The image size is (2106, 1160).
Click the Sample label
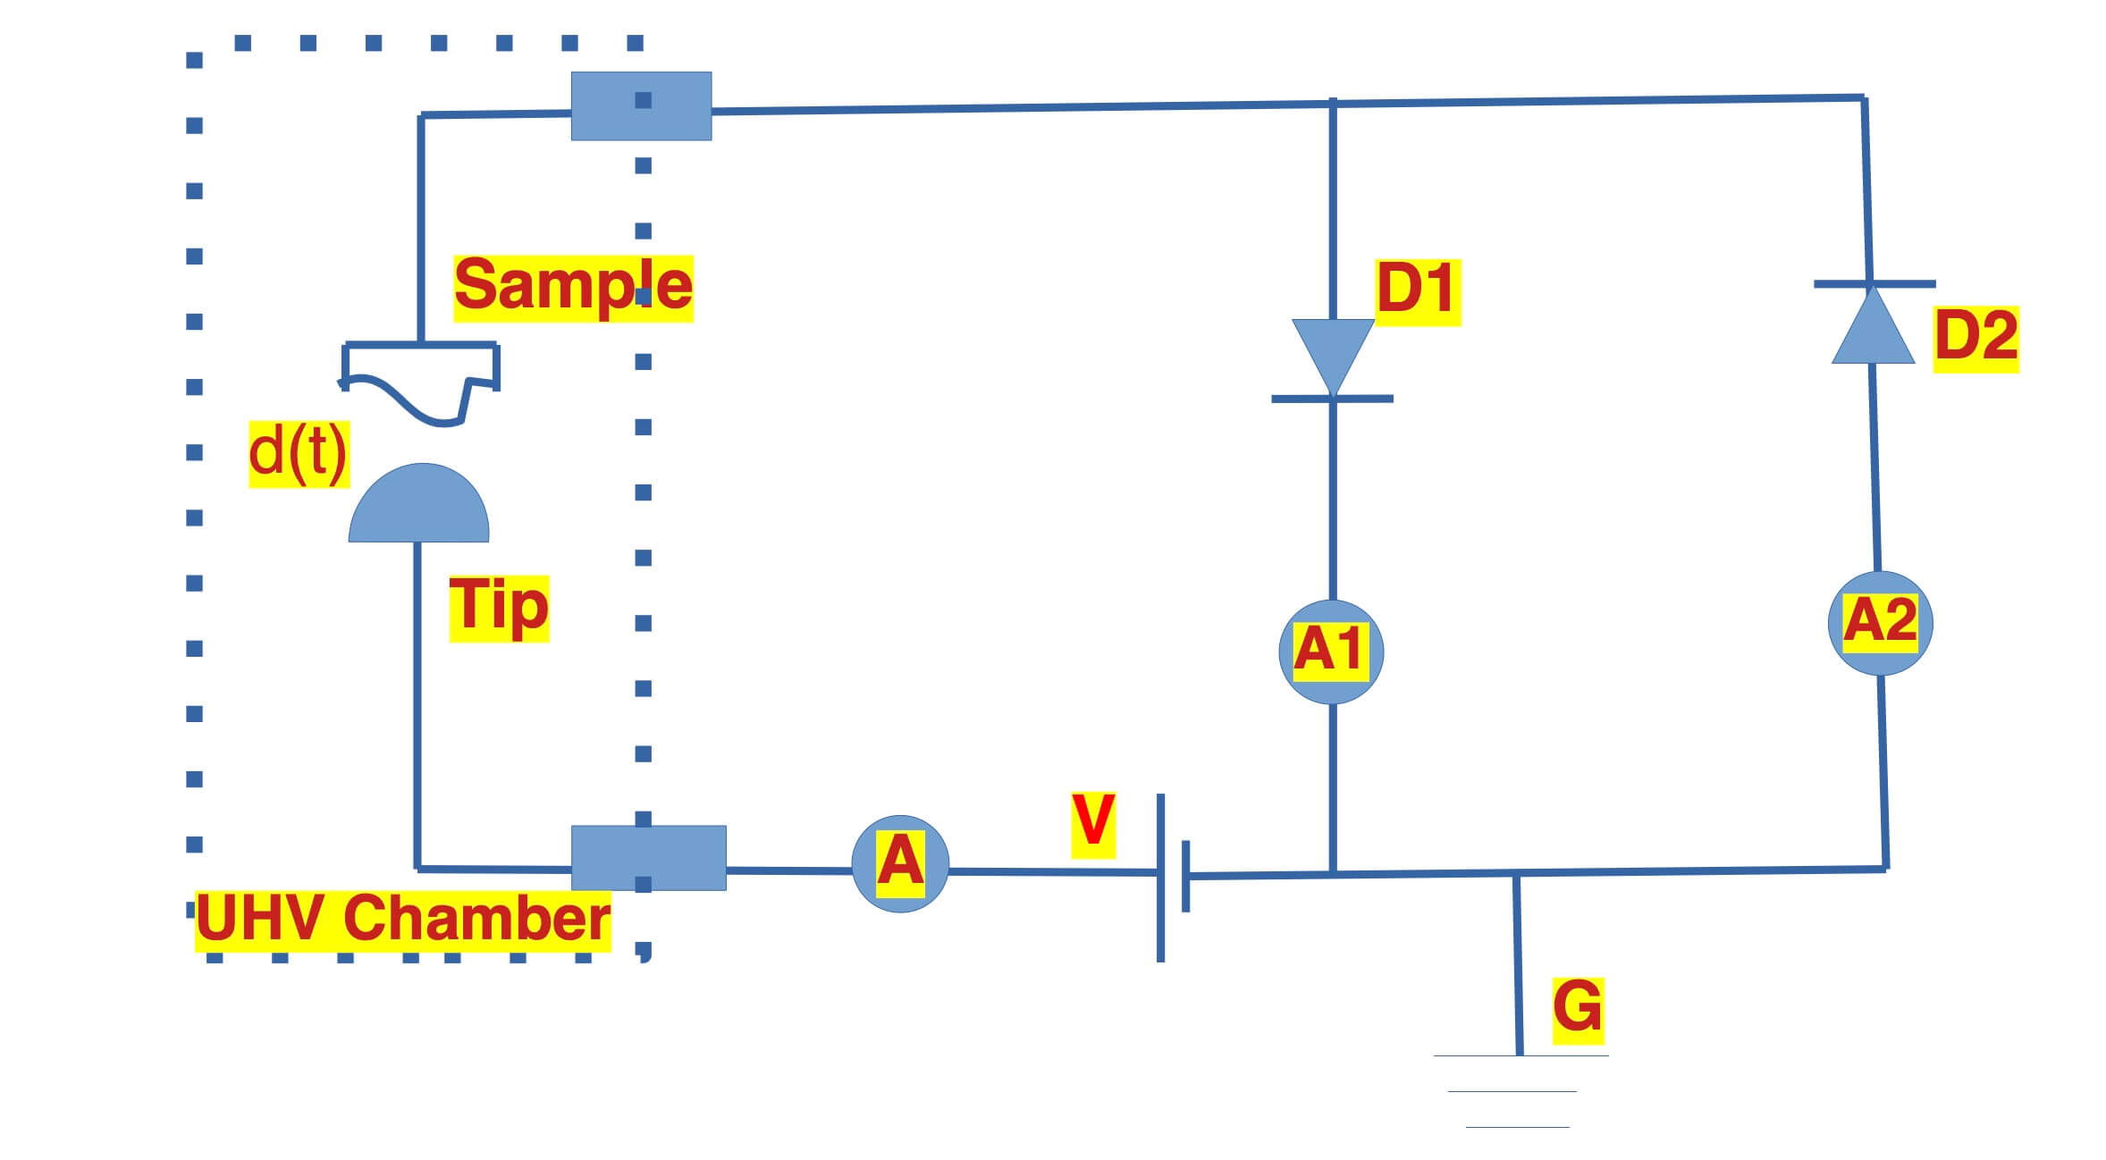click(x=573, y=287)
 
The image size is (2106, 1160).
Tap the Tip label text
click(x=498, y=608)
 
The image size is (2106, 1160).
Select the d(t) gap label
click(x=298, y=453)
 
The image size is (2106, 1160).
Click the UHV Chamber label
click(x=402, y=920)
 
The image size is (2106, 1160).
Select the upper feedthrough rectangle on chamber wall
click(x=641, y=106)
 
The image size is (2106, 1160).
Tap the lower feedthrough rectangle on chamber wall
click(x=648, y=857)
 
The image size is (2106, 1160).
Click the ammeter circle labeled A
click(x=899, y=863)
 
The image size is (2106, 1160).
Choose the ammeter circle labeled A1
click(x=1331, y=651)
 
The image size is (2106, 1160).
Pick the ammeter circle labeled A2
click(x=1880, y=623)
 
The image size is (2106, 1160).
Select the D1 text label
click(x=1416, y=290)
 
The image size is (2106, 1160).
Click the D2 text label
click(x=1975, y=337)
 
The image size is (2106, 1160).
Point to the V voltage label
click(x=1092, y=823)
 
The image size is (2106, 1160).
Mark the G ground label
click(x=1577, y=1009)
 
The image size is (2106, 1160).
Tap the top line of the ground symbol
click(x=1520, y=1056)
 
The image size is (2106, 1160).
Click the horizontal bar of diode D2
click(x=1874, y=284)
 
